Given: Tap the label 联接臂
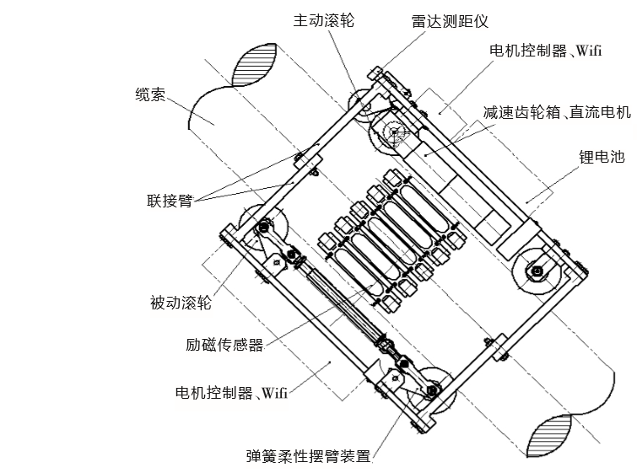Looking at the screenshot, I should [x=170, y=201].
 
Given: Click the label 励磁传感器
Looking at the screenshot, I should [x=224, y=344].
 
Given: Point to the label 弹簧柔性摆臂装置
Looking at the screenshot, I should [x=308, y=457].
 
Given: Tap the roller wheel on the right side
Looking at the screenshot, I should [x=535, y=271].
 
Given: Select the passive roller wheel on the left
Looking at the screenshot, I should [x=264, y=228].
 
